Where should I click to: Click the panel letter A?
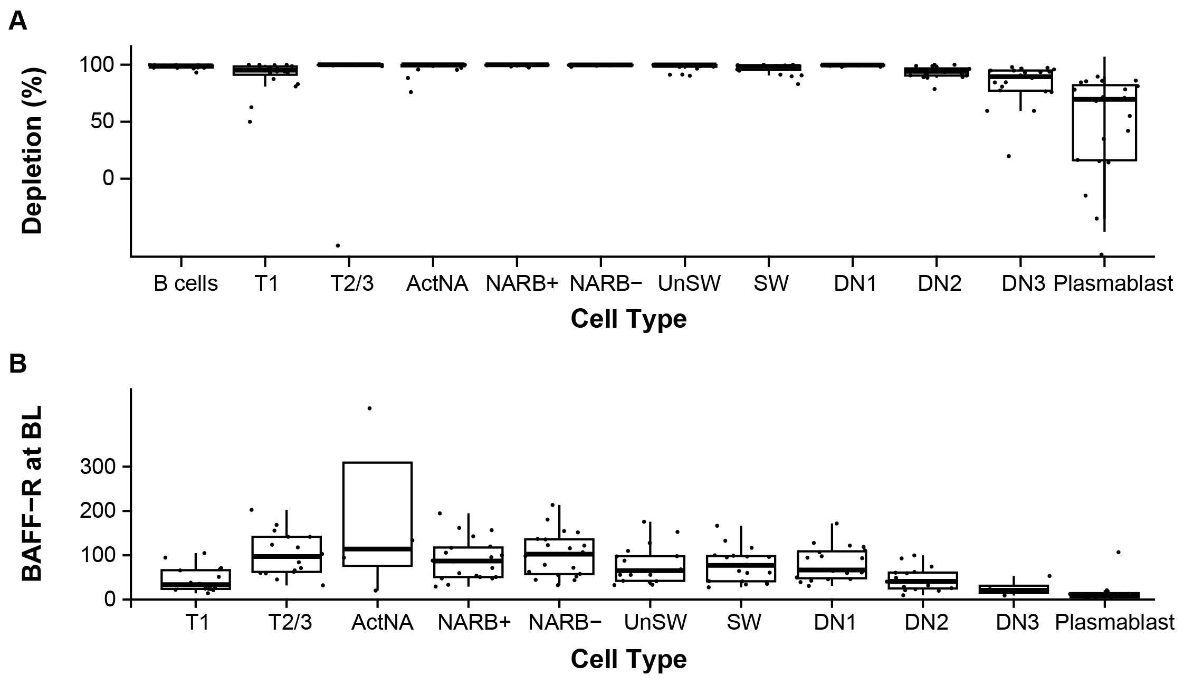point(18,22)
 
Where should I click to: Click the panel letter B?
point(18,364)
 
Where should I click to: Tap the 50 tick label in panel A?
point(101,122)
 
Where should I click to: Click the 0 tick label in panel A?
point(108,179)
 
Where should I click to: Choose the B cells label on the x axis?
point(186,284)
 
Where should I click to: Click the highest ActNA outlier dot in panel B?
point(369,408)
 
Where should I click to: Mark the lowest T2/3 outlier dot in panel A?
point(338,245)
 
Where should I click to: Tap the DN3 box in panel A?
point(1020,81)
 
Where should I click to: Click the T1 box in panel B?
point(196,579)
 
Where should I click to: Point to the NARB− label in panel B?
point(565,623)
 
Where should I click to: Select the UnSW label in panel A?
point(689,284)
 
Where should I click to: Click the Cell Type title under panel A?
point(628,319)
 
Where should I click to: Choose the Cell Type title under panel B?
point(628,659)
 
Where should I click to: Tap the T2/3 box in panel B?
point(287,554)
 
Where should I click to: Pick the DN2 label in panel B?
point(927,623)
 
